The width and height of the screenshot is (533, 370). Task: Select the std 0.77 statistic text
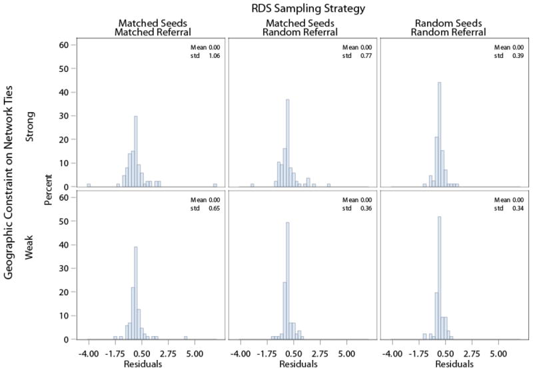pyautogui.click(x=353, y=56)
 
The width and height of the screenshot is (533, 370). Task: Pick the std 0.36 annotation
pyautogui.click(x=353, y=209)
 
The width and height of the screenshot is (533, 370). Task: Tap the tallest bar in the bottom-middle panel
pyautogui.click(x=287, y=280)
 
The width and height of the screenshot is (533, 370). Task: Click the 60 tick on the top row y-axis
pyautogui.click(x=65, y=45)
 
